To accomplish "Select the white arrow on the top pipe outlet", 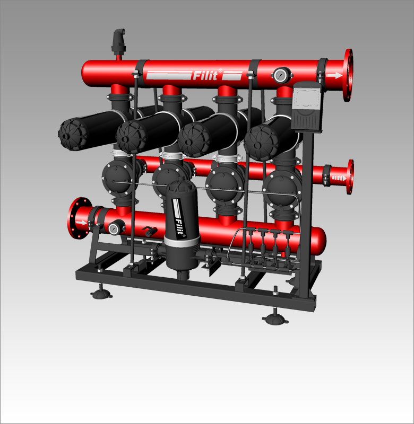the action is click(x=334, y=75).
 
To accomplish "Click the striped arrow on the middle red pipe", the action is click(x=339, y=178).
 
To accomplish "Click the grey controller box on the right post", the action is click(x=307, y=107).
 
